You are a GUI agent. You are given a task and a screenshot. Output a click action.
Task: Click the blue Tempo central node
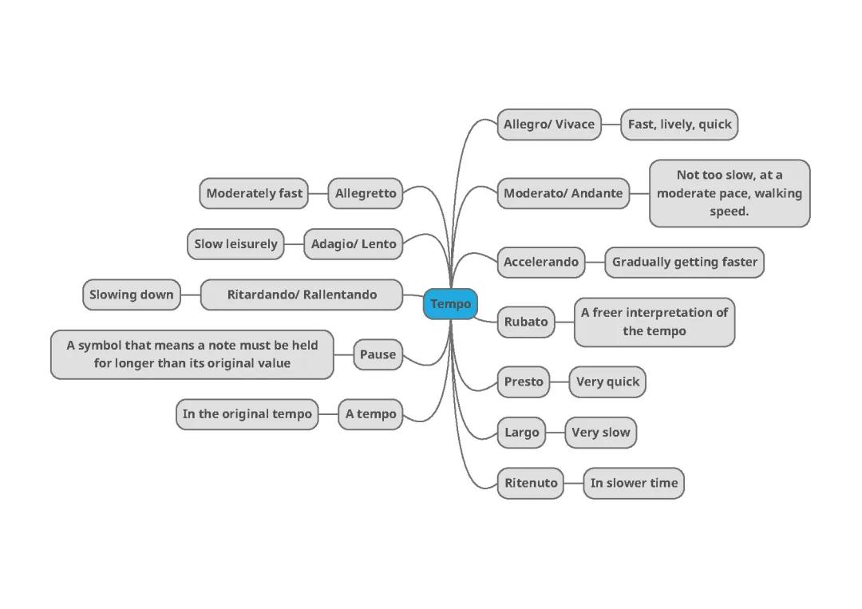[x=450, y=304]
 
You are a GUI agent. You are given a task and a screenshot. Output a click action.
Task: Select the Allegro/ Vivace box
[x=549, y=125]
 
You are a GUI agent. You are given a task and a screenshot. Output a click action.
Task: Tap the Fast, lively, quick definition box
[x=679, y=125]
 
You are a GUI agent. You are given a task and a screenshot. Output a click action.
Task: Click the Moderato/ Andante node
[x=563, y=193]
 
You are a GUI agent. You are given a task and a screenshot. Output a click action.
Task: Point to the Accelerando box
[x=540, y=262]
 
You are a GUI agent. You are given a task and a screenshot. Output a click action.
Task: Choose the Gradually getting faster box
[x=684, y=262]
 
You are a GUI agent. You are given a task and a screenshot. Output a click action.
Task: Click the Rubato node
[x=526, y=322]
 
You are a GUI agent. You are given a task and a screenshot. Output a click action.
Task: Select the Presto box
[x=524, y=382]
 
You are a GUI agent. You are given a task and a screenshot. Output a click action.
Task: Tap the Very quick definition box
[x=607, y=382]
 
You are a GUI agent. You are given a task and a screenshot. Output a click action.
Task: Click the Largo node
[x=522, y=433]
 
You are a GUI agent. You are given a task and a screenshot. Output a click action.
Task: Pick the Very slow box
[x=600, y=433]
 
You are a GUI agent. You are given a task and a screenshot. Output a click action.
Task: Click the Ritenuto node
[x=531, y=483]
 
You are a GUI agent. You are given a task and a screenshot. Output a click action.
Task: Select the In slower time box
[x=634, y=483]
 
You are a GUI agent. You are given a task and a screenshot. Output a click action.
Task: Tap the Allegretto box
[x=366, y=193]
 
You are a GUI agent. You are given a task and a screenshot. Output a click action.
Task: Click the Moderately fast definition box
[x=254, y=193]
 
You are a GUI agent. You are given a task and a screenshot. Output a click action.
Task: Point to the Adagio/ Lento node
[x=354, y=244]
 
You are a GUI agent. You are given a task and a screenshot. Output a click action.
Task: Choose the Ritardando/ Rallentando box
[x=302, y=295]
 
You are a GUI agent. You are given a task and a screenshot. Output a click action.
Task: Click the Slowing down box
[x=132, y=295]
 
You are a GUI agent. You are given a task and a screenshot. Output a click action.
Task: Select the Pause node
[x=378, y=354]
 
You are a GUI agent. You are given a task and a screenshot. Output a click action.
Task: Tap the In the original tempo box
[x=247, y=414]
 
